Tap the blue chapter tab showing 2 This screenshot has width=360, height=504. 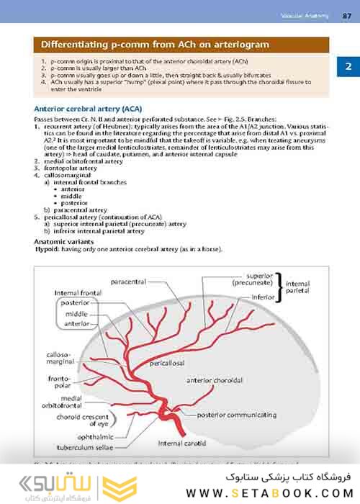348,67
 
